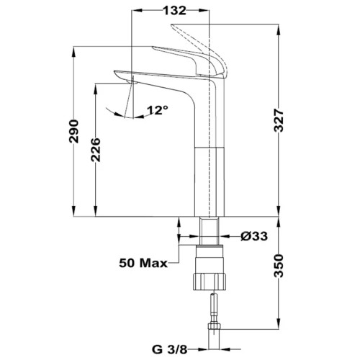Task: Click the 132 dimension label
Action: [174, 11]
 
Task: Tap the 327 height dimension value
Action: [279, 120]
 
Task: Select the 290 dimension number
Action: [73, 131]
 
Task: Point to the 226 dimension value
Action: [95, 150]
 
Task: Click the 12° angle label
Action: [158, 110]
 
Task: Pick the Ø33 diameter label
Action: [254, 236]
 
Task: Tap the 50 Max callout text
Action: [143, 264]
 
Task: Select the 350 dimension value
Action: [279, 266]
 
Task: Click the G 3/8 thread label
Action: [169, 349]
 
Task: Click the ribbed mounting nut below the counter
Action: [210, 282]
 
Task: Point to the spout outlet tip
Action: [132, 83]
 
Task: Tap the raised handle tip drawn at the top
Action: [172, 25]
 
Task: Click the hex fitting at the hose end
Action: [215, 326]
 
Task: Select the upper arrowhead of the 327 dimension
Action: [279, 30]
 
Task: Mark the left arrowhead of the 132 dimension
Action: [138, 11]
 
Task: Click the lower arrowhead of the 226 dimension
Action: [95, 211]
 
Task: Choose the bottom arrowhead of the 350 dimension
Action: [279, 323]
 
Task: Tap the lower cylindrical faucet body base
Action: [210, 181]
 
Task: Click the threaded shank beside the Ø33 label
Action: [210, 231]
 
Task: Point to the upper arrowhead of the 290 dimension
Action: [73, 52]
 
